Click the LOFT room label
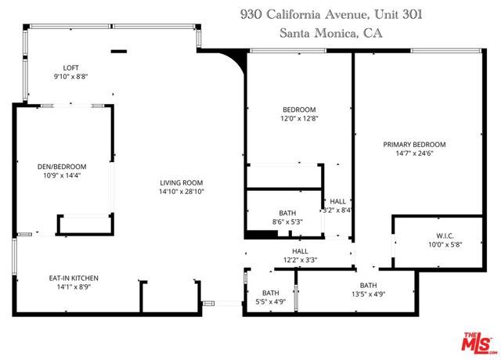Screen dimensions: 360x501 (x=72, y=67)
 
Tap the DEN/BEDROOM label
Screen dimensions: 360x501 (x=62, y=167)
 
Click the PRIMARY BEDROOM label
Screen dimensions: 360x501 (x=414, y=144)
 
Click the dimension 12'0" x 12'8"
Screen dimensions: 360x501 (x=299, y=119)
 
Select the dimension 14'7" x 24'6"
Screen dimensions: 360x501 (x=414, y=154)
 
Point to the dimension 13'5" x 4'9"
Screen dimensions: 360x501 (x=368, y=294)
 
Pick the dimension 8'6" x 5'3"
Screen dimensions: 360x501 (x=287, y=222)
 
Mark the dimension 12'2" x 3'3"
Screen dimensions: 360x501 (x=300, y=260)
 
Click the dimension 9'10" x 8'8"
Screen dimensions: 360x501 (x=72, y=77)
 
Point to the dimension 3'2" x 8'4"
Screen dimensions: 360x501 (x=337, y=210)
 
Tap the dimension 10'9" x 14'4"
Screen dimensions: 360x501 (x=62, y=177)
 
